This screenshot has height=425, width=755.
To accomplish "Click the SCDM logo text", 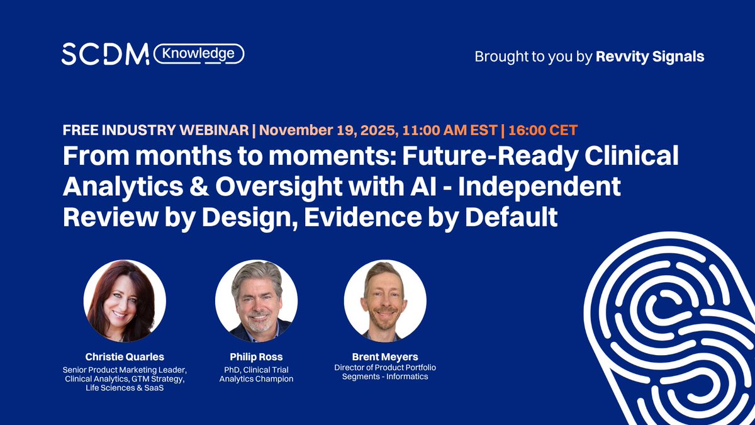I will pos(104,55).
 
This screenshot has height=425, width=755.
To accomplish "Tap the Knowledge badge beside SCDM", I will pos(198,54).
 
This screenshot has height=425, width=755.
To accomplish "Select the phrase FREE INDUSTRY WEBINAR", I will pos(155,131).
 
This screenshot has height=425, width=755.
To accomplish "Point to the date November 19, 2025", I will pos(322,131).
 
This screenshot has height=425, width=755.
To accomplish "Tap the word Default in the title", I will pos(510,217).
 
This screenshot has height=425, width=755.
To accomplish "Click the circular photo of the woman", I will pos(125,301).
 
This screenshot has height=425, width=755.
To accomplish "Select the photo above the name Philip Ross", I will pos(256,301).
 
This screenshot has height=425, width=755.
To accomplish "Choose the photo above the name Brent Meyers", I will pos(385,301).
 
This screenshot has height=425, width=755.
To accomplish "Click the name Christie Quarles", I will pos(125,356).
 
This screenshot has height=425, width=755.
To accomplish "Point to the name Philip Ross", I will pos(256,356).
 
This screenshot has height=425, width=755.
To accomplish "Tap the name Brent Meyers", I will pos(385,356).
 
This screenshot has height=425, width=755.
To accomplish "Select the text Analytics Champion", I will pos(256,379).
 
